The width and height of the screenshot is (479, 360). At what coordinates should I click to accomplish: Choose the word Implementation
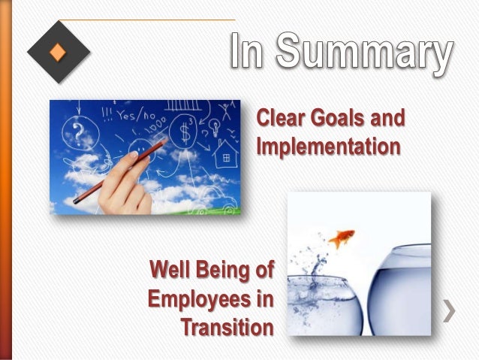[x=327, y=146]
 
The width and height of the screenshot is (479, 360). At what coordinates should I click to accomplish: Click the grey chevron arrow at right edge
[x=450, y=310]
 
